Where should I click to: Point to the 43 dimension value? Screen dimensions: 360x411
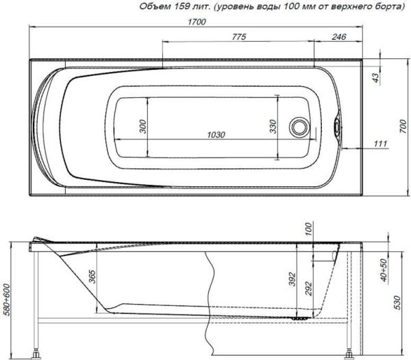[375, 77]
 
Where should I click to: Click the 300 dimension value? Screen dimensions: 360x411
[142, 127]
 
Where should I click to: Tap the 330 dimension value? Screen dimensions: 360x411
[272, 127]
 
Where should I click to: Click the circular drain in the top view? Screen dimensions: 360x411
[299, 127]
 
